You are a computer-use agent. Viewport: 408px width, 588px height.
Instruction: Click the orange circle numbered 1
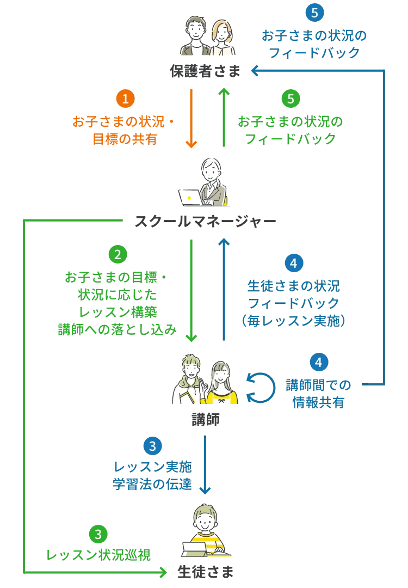pyautogui.click(x=125, y=99)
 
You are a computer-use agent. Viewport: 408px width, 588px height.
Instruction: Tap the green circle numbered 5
pyautogui.click(x=290, y=99)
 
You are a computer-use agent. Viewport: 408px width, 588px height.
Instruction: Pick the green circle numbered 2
pyautogui.click(x=118, y=254)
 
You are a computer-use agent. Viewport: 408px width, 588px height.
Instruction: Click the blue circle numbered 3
pyautogui.click(x=152, y=446)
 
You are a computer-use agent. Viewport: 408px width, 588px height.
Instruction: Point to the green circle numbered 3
pyautogui.click(x=98, y=534)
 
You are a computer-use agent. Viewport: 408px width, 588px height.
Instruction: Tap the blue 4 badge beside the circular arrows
pyautogui.click(x=319, y=362)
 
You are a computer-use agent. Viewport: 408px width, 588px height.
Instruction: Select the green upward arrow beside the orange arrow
pyautogui.click(x=223, y=117)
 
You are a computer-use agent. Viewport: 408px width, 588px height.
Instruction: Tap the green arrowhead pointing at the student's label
pyautogui.click(x=161, y=572)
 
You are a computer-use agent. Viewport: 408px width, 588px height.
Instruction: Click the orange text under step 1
pyautogui.click(x=125, y=130)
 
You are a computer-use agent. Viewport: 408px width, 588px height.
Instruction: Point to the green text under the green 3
pyautogui.click(x=98, y=555)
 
